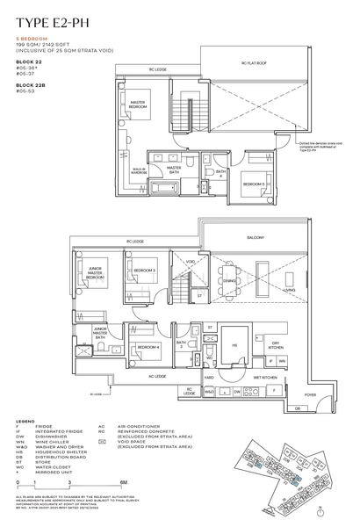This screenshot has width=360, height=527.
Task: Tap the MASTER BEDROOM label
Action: [x=138, y=105]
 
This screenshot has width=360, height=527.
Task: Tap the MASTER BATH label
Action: [x=174, y=169]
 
